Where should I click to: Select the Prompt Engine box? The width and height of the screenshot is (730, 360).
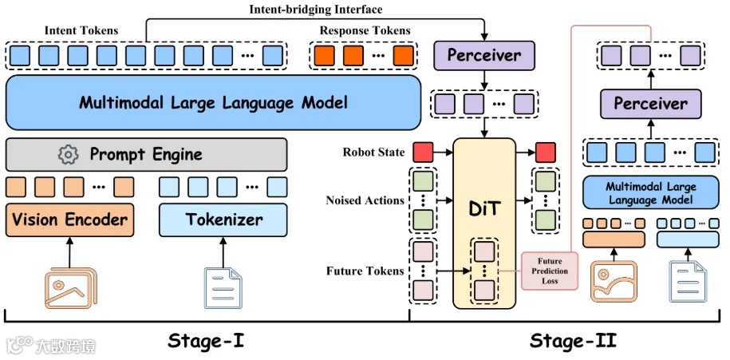click(x=146, y=154)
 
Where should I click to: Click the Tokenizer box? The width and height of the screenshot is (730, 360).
click(x=223, y=218)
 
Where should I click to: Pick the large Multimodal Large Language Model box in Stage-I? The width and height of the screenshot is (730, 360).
click(x=213, y=102)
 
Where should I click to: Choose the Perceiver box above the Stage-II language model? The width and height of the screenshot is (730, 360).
click(x=650, y=103)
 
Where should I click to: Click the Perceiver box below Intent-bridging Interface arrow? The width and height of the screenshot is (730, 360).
click(x=483, y=56)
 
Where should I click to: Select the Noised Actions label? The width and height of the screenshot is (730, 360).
click(x=365, y=200)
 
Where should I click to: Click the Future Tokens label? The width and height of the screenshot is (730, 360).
click(x=365, y=271)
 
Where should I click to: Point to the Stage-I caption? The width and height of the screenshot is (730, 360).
click(x=206, y=342)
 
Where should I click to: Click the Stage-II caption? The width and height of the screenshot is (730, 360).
click(x=572, y=342)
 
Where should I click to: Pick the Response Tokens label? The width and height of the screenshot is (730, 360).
click(x=365, y=31)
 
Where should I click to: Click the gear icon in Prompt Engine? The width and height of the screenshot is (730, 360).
click(x=69, y=154)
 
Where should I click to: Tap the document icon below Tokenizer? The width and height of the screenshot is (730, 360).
click(x=223, y=287)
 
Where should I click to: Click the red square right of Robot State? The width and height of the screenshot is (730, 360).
click(x=423, y=152)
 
